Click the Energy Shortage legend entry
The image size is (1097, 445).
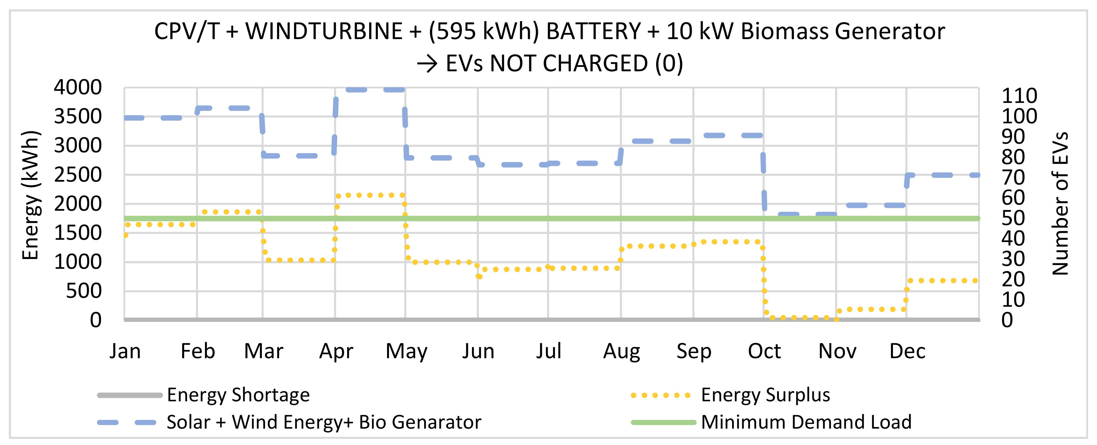(x=238, y=395)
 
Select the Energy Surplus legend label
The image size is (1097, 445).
(x=765, y=395)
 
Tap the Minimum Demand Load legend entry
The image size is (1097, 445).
(x=806, y=422)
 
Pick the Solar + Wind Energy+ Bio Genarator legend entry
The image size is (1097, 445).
(x=324, y=422)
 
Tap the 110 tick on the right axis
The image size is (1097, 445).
(x=1019, y=96)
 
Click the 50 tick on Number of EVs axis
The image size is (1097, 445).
(x=1013, y=218)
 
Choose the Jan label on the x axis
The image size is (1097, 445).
(x=125, y=351)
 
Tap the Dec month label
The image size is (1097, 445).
(x=907, y=351)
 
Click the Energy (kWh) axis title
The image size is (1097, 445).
(x=31, y=195)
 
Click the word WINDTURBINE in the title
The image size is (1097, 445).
(x=324, y=32)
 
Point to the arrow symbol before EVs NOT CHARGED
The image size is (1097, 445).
(x=427, y=64)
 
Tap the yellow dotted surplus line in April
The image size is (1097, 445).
(x=370, y=195)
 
